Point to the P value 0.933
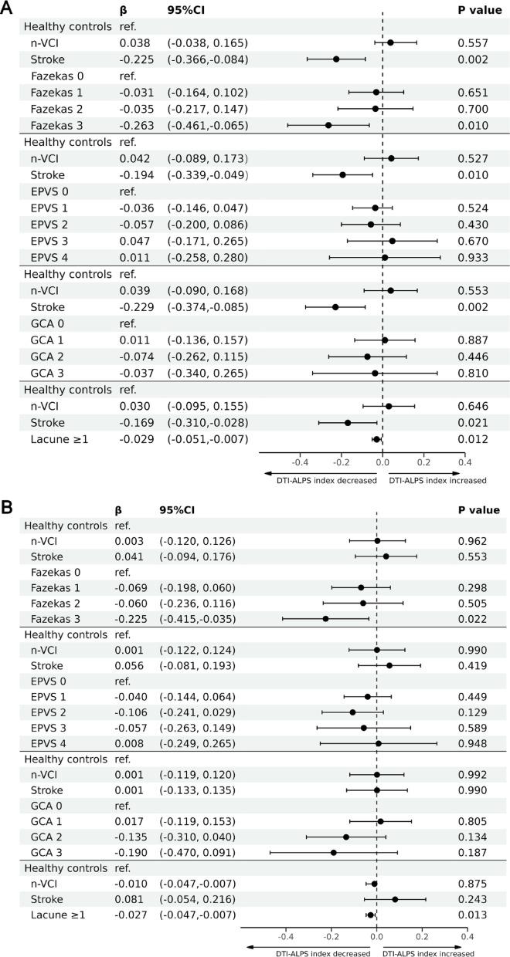point(472,257)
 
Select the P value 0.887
point(472,340)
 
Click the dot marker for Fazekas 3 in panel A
point(328,125)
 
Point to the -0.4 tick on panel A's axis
point(300,462)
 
